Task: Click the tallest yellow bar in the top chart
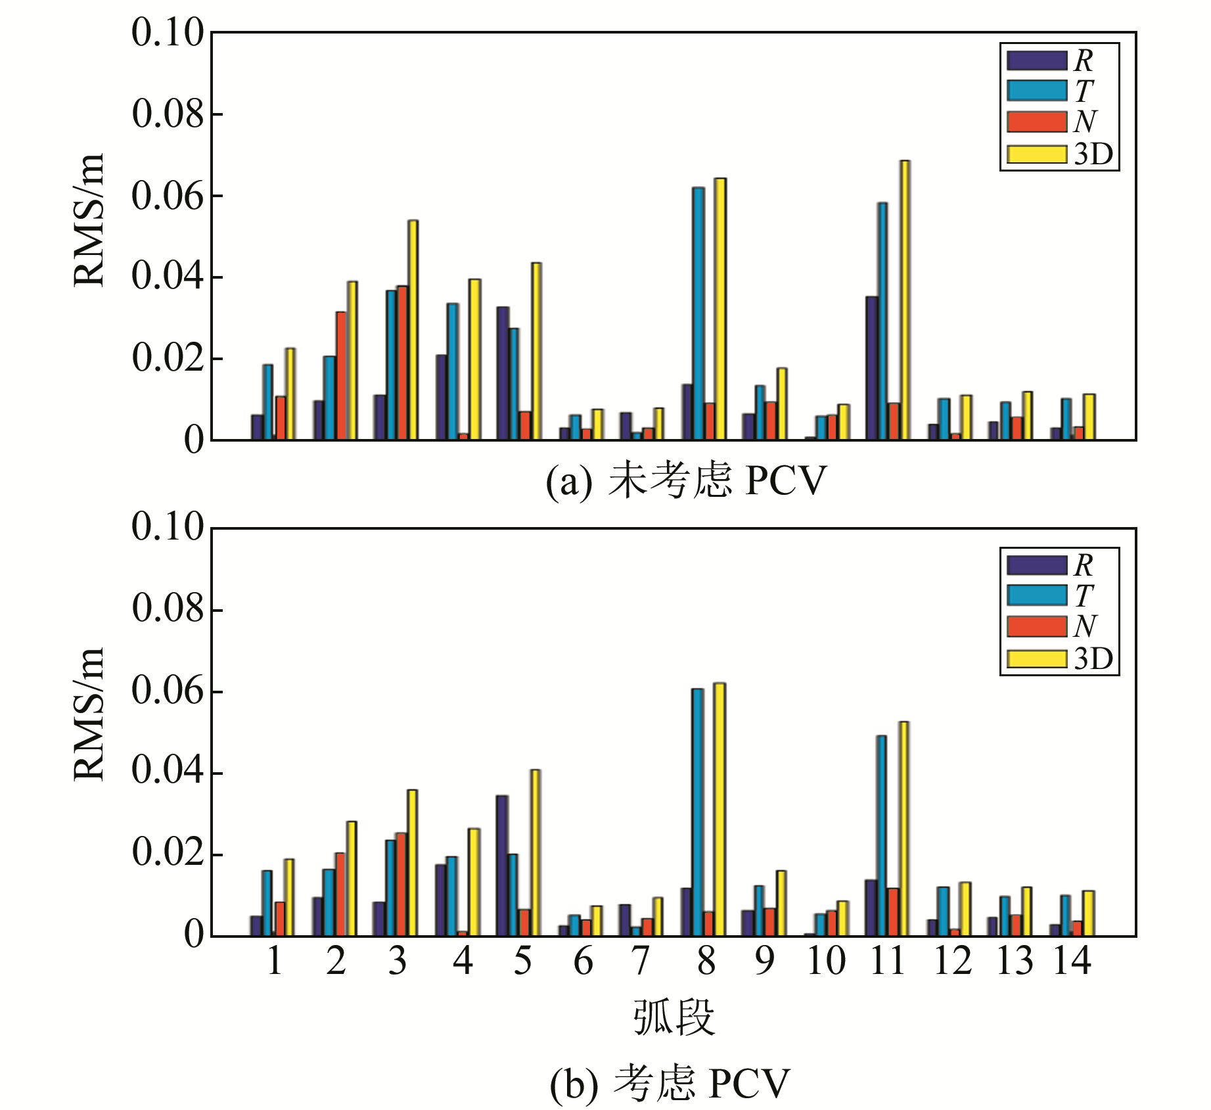tap(905, 300)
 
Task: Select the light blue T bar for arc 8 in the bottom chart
tap(697, 812)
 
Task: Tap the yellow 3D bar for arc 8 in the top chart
tap(720, 308)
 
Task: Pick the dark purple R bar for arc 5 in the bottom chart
tap(502, 866)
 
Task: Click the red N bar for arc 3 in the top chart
tap(402, 363)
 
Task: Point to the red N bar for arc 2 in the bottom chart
tap(340, 894)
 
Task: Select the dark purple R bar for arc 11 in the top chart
tap(872, 368)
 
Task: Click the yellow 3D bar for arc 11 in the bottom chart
tap(903, 829)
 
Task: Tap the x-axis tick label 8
tap(706, 961)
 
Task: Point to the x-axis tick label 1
tap(275, 961)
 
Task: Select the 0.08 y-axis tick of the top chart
tap(168, 114)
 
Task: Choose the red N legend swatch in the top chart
tap(1036, 122)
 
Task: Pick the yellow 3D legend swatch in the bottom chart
tap(1036, 659)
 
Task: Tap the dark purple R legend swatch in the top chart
tap(1036, 60)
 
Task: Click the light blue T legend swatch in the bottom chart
tap(1036, 595)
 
